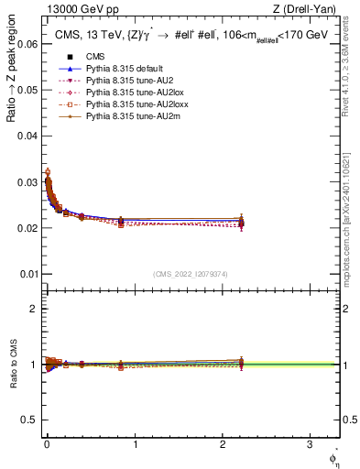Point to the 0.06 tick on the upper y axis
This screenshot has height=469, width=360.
point(27,43)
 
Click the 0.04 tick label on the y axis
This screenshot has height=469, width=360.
point(27,136)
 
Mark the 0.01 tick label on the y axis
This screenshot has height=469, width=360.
point(27,274)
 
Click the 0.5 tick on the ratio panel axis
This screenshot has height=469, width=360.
point(29,420)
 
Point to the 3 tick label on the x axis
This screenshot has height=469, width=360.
point(311,443)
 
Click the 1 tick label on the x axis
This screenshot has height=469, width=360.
point(135,443)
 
